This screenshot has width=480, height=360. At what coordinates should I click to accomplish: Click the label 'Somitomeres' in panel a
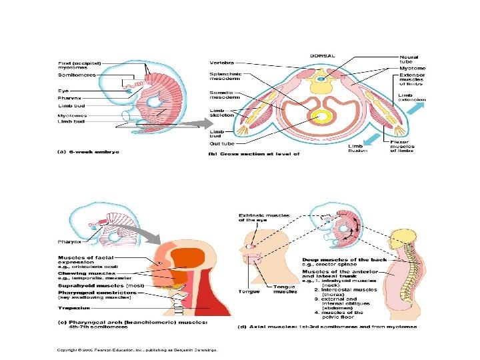click(x=76, y=75)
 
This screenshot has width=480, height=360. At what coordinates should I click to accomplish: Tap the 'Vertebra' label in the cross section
click(x=221, y=63)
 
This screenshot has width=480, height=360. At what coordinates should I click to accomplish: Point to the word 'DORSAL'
click(x=322, y=55)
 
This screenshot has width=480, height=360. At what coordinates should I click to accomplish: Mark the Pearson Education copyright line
click(x=132, y=349)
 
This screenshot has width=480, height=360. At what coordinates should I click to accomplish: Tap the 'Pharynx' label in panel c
click(x=67, y=243)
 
